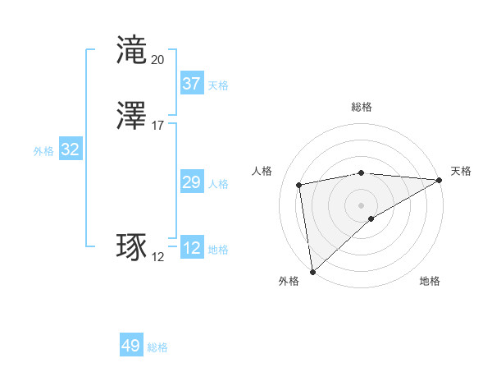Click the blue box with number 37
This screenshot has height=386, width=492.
click(x=191, y=84)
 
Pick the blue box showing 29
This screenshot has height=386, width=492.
click(x=191, y=182)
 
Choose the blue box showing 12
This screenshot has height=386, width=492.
click(x=191, y=248)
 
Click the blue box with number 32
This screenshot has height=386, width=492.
click(x=70, y=149)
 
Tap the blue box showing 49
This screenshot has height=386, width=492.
click(x=131, y=346)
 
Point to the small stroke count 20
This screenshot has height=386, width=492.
click(x=157, y=59)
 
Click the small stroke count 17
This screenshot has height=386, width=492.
click(x=157, y=125)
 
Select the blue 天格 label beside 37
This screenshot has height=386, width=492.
click(x=218, y=85)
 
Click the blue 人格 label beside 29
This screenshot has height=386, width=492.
click(x=218, y=184)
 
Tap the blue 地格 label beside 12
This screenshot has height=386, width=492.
click(x=218, y=250)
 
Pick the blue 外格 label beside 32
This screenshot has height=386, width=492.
click(x=43, y=151)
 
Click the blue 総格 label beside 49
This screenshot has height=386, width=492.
click(x=158, y=347)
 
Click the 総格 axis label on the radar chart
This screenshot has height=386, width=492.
click(x=362, y=107)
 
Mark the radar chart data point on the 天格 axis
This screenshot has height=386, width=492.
click(x=439, y=180)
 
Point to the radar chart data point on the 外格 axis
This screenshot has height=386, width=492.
click(x=312, y=271)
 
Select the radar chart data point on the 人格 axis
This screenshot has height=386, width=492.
click(x=299, y=184)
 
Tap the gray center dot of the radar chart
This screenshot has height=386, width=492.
click(x=362, y=204)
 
